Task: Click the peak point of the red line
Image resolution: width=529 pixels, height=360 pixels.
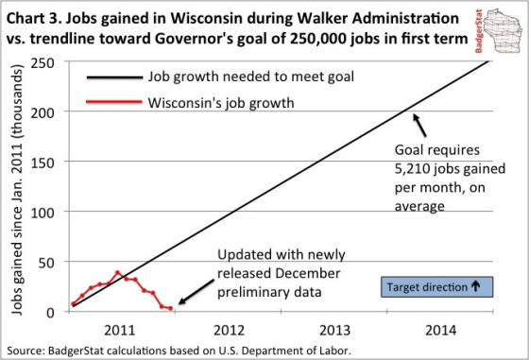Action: click(118, 273)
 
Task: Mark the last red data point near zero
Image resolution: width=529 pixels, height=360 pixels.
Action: click(170, 308)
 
